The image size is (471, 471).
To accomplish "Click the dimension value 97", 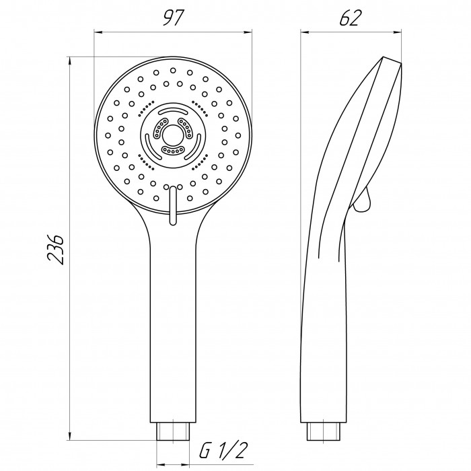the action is (x=172, y=17).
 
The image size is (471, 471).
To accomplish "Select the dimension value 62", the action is (x=350, y=17).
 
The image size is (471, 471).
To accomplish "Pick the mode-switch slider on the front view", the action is (x=173, y=205).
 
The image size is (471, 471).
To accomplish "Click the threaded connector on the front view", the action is (x=173, y=431).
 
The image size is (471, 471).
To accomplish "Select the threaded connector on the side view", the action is (x=324, y=431).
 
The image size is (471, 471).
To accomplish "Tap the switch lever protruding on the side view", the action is (x=363, y=199).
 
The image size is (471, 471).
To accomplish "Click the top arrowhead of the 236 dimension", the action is (x=70, y=61).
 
